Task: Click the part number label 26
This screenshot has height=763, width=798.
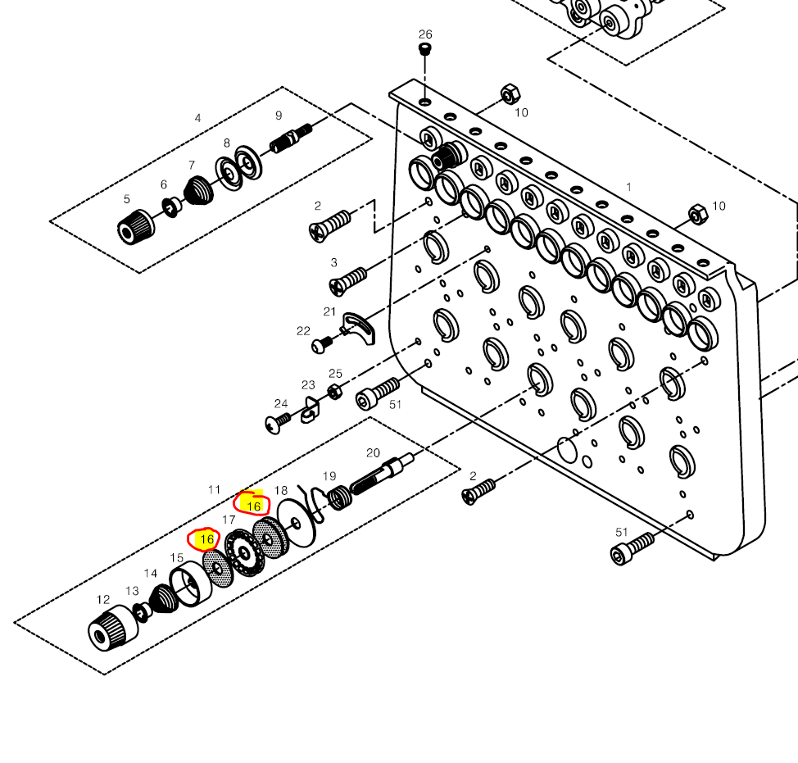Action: coord(424,34)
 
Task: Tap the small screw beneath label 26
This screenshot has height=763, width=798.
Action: coord(424,50)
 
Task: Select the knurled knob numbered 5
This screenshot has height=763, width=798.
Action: coord(132,226)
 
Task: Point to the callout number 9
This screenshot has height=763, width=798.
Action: coord(279,116)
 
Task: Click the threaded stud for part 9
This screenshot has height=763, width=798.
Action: coord(291,136)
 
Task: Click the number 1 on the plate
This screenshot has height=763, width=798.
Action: coord(628,187)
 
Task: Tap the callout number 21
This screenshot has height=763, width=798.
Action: coord(330,311)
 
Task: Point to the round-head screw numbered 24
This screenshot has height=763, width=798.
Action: coord(276,423)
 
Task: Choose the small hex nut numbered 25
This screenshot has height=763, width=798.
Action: coord(334,391)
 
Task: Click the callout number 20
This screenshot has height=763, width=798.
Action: coord(373,452)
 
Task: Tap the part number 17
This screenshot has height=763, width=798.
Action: coord(229,520)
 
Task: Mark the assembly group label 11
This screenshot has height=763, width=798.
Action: coord(214,490)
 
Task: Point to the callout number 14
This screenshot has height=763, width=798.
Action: coord(151,574)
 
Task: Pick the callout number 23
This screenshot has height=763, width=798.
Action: coord(308,385)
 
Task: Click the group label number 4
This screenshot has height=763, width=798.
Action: coord(197,118)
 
